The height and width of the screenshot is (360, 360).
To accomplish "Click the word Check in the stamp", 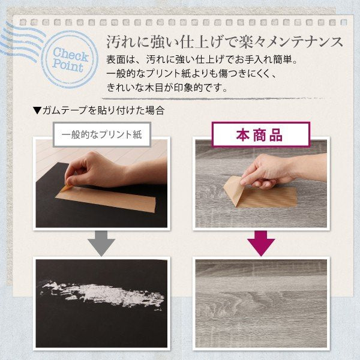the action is coord(71,55).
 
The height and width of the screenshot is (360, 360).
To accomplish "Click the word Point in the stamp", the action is coord(68,66).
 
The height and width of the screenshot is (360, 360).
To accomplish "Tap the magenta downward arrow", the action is coord(261,244).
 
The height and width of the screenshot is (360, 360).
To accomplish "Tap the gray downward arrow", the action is coord(101,244).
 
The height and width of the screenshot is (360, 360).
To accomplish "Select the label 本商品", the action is coord(259,135).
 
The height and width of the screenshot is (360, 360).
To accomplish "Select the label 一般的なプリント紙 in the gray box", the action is coord(102,134).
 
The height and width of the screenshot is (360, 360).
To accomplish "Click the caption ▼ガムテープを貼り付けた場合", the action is coord(99,110).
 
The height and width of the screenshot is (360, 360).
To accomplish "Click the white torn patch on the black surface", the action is coord(103,295).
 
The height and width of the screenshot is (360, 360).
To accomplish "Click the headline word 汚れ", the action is coord(119,42).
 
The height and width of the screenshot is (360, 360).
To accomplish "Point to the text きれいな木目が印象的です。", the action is coord(167,88).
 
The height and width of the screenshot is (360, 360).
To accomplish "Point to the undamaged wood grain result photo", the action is coord(261,303).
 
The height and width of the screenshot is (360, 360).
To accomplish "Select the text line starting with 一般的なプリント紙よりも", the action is coord(191,74).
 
